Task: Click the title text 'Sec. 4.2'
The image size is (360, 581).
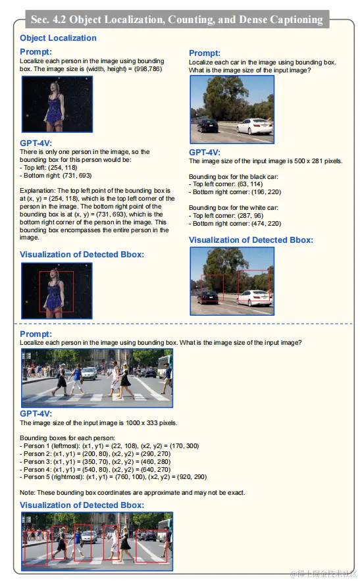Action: coord(48,19)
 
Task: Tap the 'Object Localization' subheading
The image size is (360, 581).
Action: coord(58,38)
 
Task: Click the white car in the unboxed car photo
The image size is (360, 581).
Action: coord(255,126)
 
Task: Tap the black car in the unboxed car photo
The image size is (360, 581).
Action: coord(207,125)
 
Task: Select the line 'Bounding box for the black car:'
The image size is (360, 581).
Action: coord(233,177)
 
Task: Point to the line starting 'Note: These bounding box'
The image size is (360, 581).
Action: coord(132,492)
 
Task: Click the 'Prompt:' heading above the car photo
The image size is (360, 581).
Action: coord(205,53)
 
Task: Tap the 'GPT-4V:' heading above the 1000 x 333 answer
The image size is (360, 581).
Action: coord(36,413)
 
